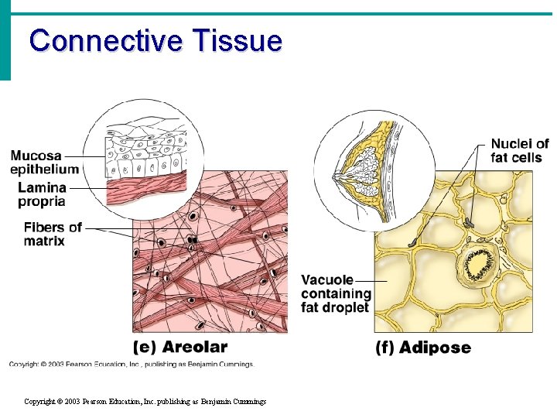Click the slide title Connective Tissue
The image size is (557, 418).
(x=155, y=40)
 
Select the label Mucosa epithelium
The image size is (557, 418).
(x=45, y=163)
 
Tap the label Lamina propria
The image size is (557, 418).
(x=42, y=195)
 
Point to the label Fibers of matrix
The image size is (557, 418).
(x=52, y=234)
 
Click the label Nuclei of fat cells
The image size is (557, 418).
(x=519, y=151)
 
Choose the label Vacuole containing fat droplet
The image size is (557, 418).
(x=336, y=293)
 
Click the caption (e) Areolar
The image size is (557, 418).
(x=180, y=347)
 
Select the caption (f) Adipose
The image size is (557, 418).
(x=423, y=348)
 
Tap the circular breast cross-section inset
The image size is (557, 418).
(x=364, y=170)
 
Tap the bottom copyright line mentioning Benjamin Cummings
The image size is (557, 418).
(x=145, y=402)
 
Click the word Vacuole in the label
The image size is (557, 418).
(x=327, y=279)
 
